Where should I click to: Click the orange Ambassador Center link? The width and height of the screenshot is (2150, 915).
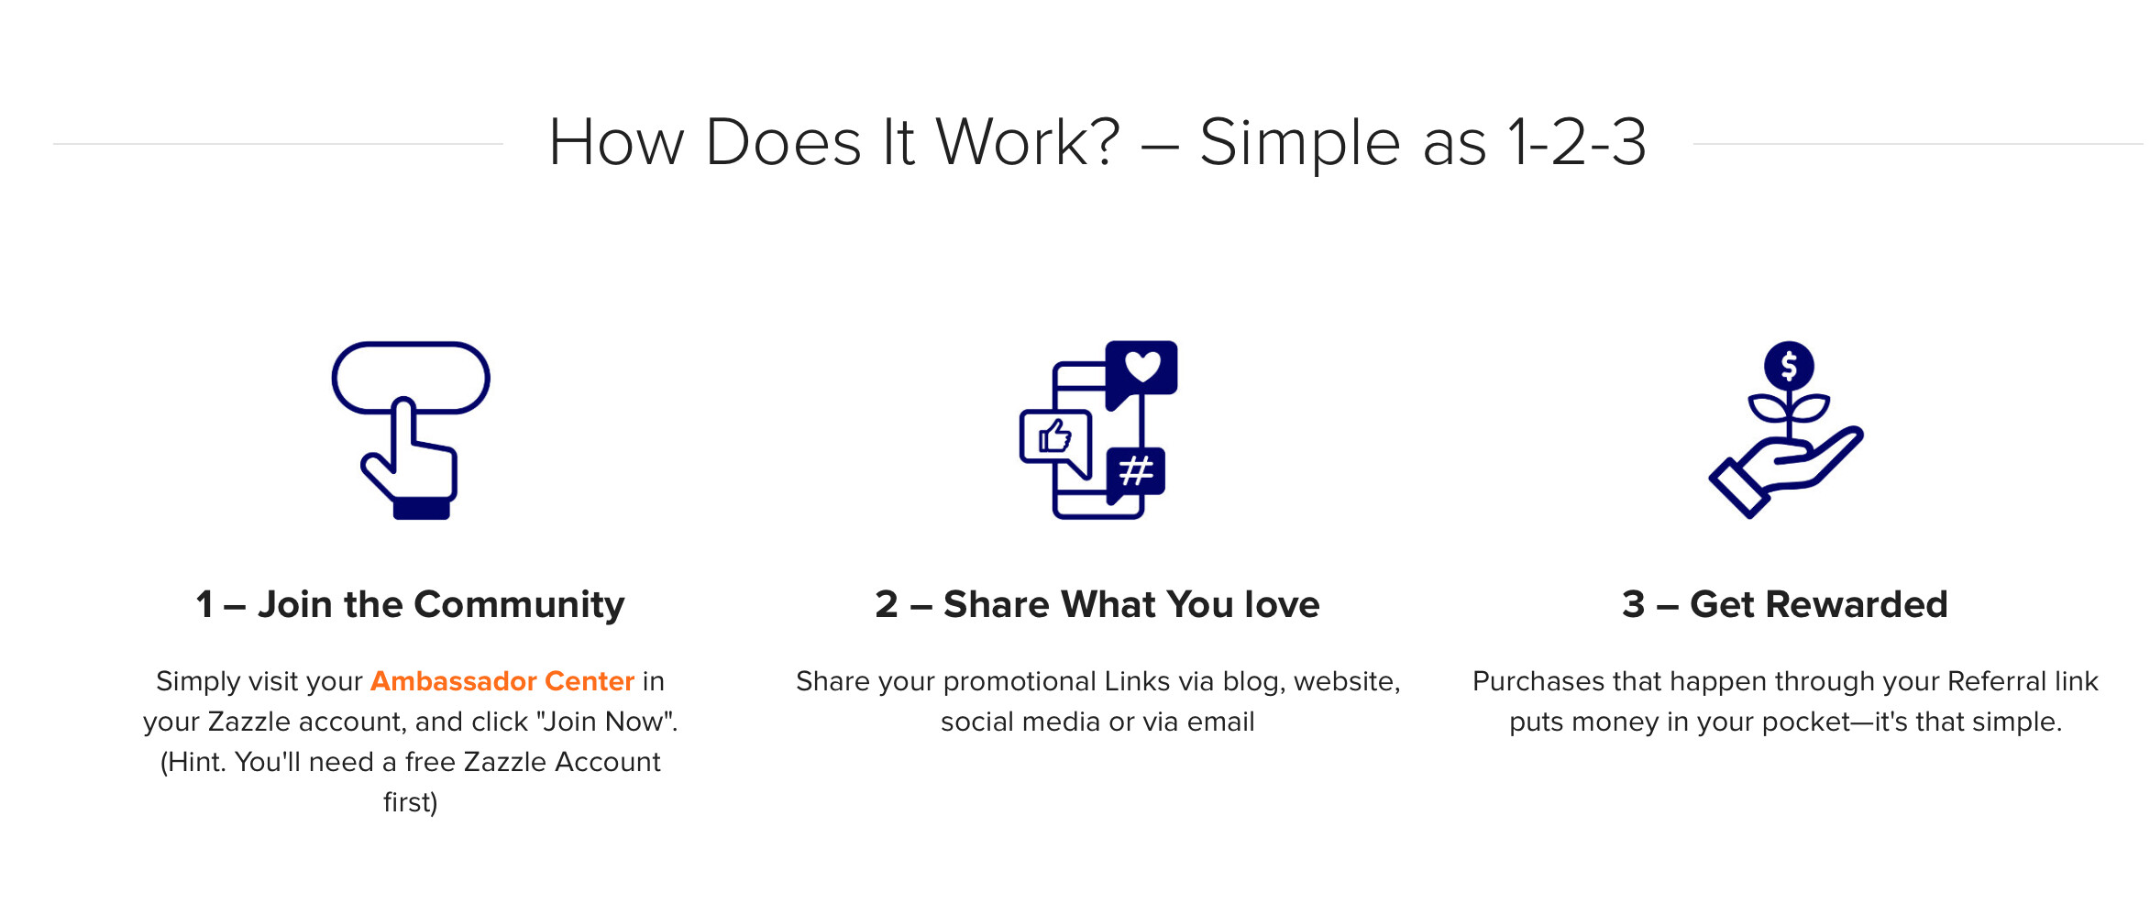[502, 681]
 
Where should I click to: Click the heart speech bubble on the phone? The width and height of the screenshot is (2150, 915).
[1141, 369]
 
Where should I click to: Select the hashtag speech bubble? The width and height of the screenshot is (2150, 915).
[1136, 472]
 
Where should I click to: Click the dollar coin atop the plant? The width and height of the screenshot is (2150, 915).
[1789, 366]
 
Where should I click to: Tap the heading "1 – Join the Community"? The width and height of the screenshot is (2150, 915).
[410, 605]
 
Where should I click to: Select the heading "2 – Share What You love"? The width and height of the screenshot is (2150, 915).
[1097, 605]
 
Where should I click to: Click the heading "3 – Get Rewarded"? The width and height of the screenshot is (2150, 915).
[1785, 605]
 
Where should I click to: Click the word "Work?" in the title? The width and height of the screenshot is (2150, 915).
[1028, 143]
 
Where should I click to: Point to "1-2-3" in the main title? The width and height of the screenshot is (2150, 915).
[1577, 143]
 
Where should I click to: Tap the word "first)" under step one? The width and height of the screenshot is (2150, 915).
[411, 802]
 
